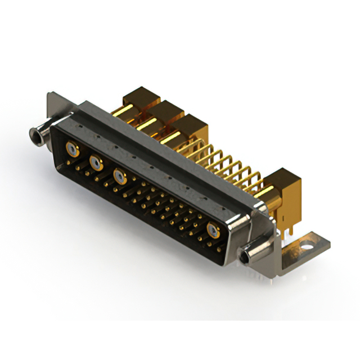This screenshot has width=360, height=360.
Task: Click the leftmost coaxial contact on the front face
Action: [x=71, y=149]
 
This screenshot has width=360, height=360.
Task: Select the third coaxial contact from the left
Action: [x=119, y=176]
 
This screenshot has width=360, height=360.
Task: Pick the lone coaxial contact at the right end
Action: [x=214, y=230]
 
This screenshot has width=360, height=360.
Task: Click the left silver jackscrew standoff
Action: [x=39, y=134]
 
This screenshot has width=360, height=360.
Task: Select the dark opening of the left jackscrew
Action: [x=33, y=136]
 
